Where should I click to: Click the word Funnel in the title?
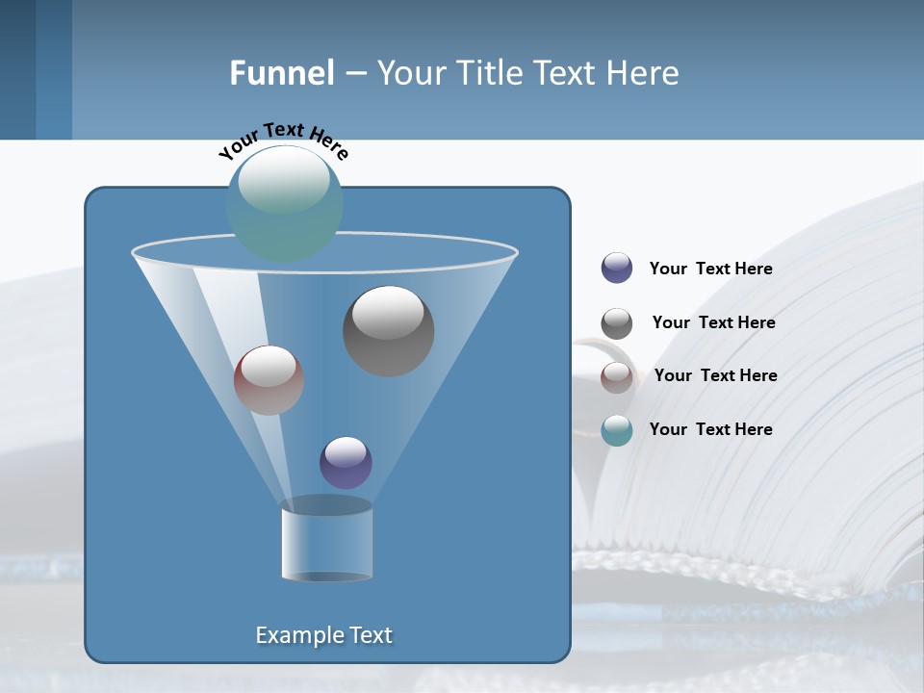281,73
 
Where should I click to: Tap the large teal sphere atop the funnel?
285,204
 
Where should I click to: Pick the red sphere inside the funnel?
269,381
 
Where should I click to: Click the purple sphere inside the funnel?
346,463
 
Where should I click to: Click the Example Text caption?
323,635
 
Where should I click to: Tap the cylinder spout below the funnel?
326,541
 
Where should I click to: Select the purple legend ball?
617,269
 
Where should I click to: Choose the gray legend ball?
617,323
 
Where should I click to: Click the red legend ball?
617,376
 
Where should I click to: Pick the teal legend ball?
617,430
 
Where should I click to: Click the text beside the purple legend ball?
710,269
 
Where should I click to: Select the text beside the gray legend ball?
713,323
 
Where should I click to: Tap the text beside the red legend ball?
715,376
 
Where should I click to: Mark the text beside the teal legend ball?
710,430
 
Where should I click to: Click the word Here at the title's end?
642,73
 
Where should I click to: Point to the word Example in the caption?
297,635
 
